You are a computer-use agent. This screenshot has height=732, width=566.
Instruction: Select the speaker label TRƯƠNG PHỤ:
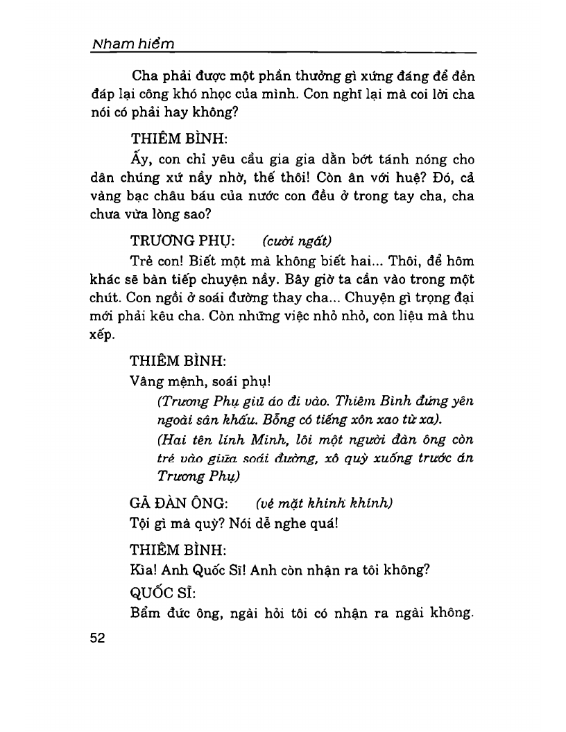(182, 241)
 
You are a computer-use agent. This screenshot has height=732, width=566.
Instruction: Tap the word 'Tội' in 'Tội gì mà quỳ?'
(141, 523)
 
